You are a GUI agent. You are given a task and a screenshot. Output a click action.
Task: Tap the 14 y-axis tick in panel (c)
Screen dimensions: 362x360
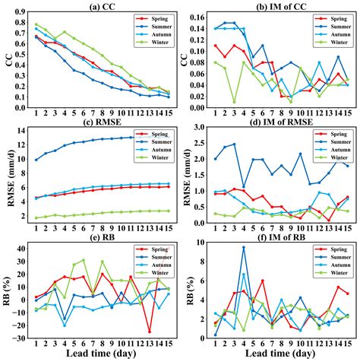22,130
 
